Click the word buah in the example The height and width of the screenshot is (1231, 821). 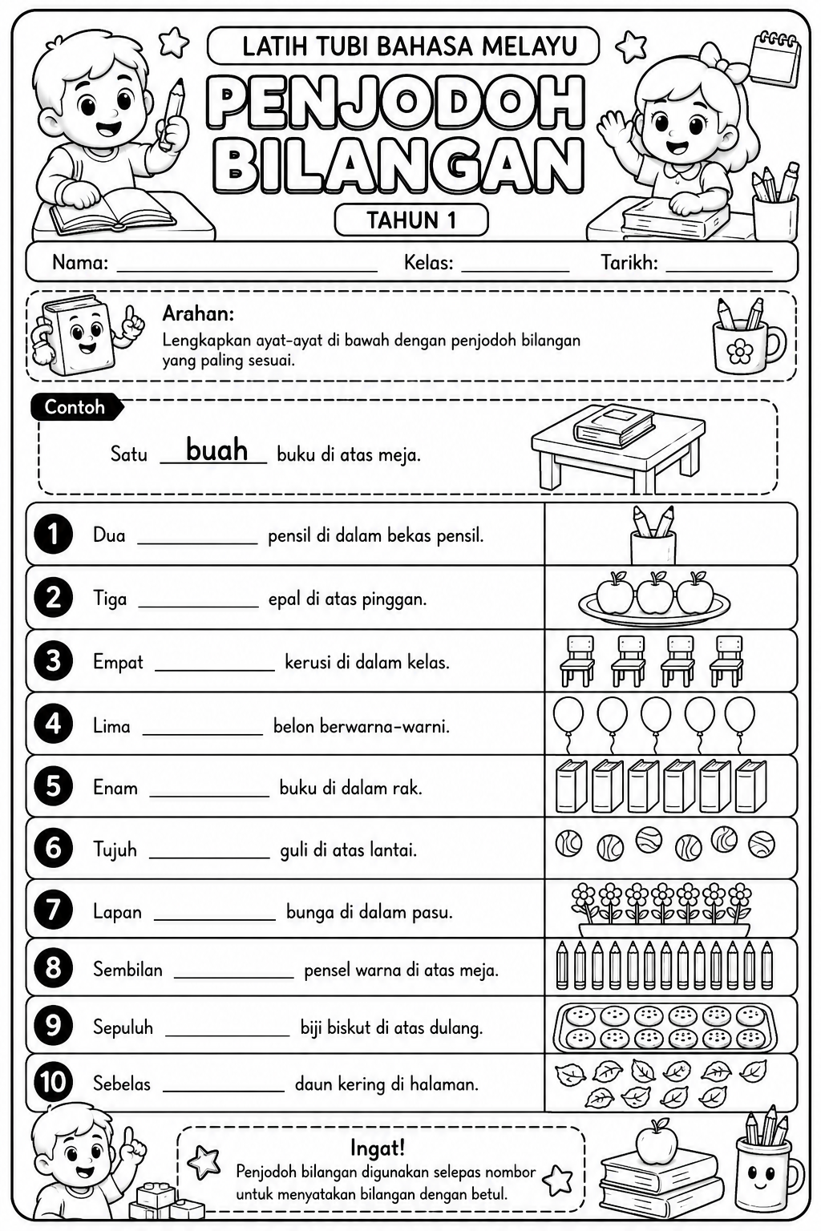pyautogui.click(x=216, y=450)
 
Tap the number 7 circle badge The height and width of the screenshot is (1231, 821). pyautogui.click(x=54, y=910)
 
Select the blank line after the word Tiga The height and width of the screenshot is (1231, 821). pyautogui.click(x=199, y=607)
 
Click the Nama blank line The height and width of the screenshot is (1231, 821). pyautogui.click(x=247, y=271)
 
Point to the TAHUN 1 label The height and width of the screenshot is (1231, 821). pyautogui.click(x=411, y=220)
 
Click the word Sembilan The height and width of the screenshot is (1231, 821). pyautogui.click(x=127, y=970)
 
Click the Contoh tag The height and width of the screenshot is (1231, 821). pyautogui.click(x=75, y=407)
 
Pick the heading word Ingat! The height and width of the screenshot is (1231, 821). pyautogui.click(x=378, y=1148)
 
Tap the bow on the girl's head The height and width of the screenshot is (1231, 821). pyautogui.click(x=711, y=59)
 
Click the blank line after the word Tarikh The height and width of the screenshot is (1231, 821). pyautogui.click(x=718, y=271)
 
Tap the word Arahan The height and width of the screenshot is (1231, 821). pyautogui.click(x=198, y=314)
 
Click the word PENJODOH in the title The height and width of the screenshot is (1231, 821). pyautogui.click(x=397, y=103)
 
